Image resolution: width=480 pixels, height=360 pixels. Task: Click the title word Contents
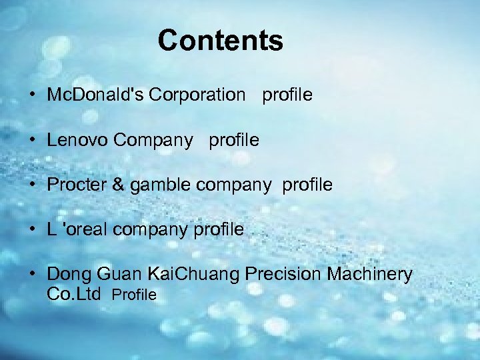[x=220, y=41]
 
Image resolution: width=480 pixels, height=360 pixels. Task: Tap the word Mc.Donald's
[x=95, y=95]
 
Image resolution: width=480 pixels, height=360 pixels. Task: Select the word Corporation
[x=197, y=95]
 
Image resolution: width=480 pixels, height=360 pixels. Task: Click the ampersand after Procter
[x=117, y=185]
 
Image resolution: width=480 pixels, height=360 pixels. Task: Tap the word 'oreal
[x=88, y=229]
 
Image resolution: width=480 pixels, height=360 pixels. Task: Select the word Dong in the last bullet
[x=69, y=274]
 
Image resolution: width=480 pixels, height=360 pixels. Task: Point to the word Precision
[x=291, y=274]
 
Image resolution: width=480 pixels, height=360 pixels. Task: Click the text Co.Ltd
[x=73, y=293]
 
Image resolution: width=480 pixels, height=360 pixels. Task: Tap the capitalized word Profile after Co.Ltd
[x=134, y=295]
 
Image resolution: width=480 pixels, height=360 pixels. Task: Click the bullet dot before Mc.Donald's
[x=33, y=95]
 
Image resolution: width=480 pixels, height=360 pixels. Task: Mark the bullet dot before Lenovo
[x=33, y=141]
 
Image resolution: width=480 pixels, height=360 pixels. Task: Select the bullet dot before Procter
[x=33, y=185]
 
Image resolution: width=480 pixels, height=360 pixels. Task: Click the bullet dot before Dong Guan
[x=33, y=274]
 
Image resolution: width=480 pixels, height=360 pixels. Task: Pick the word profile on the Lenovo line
[x=234, y=140]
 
